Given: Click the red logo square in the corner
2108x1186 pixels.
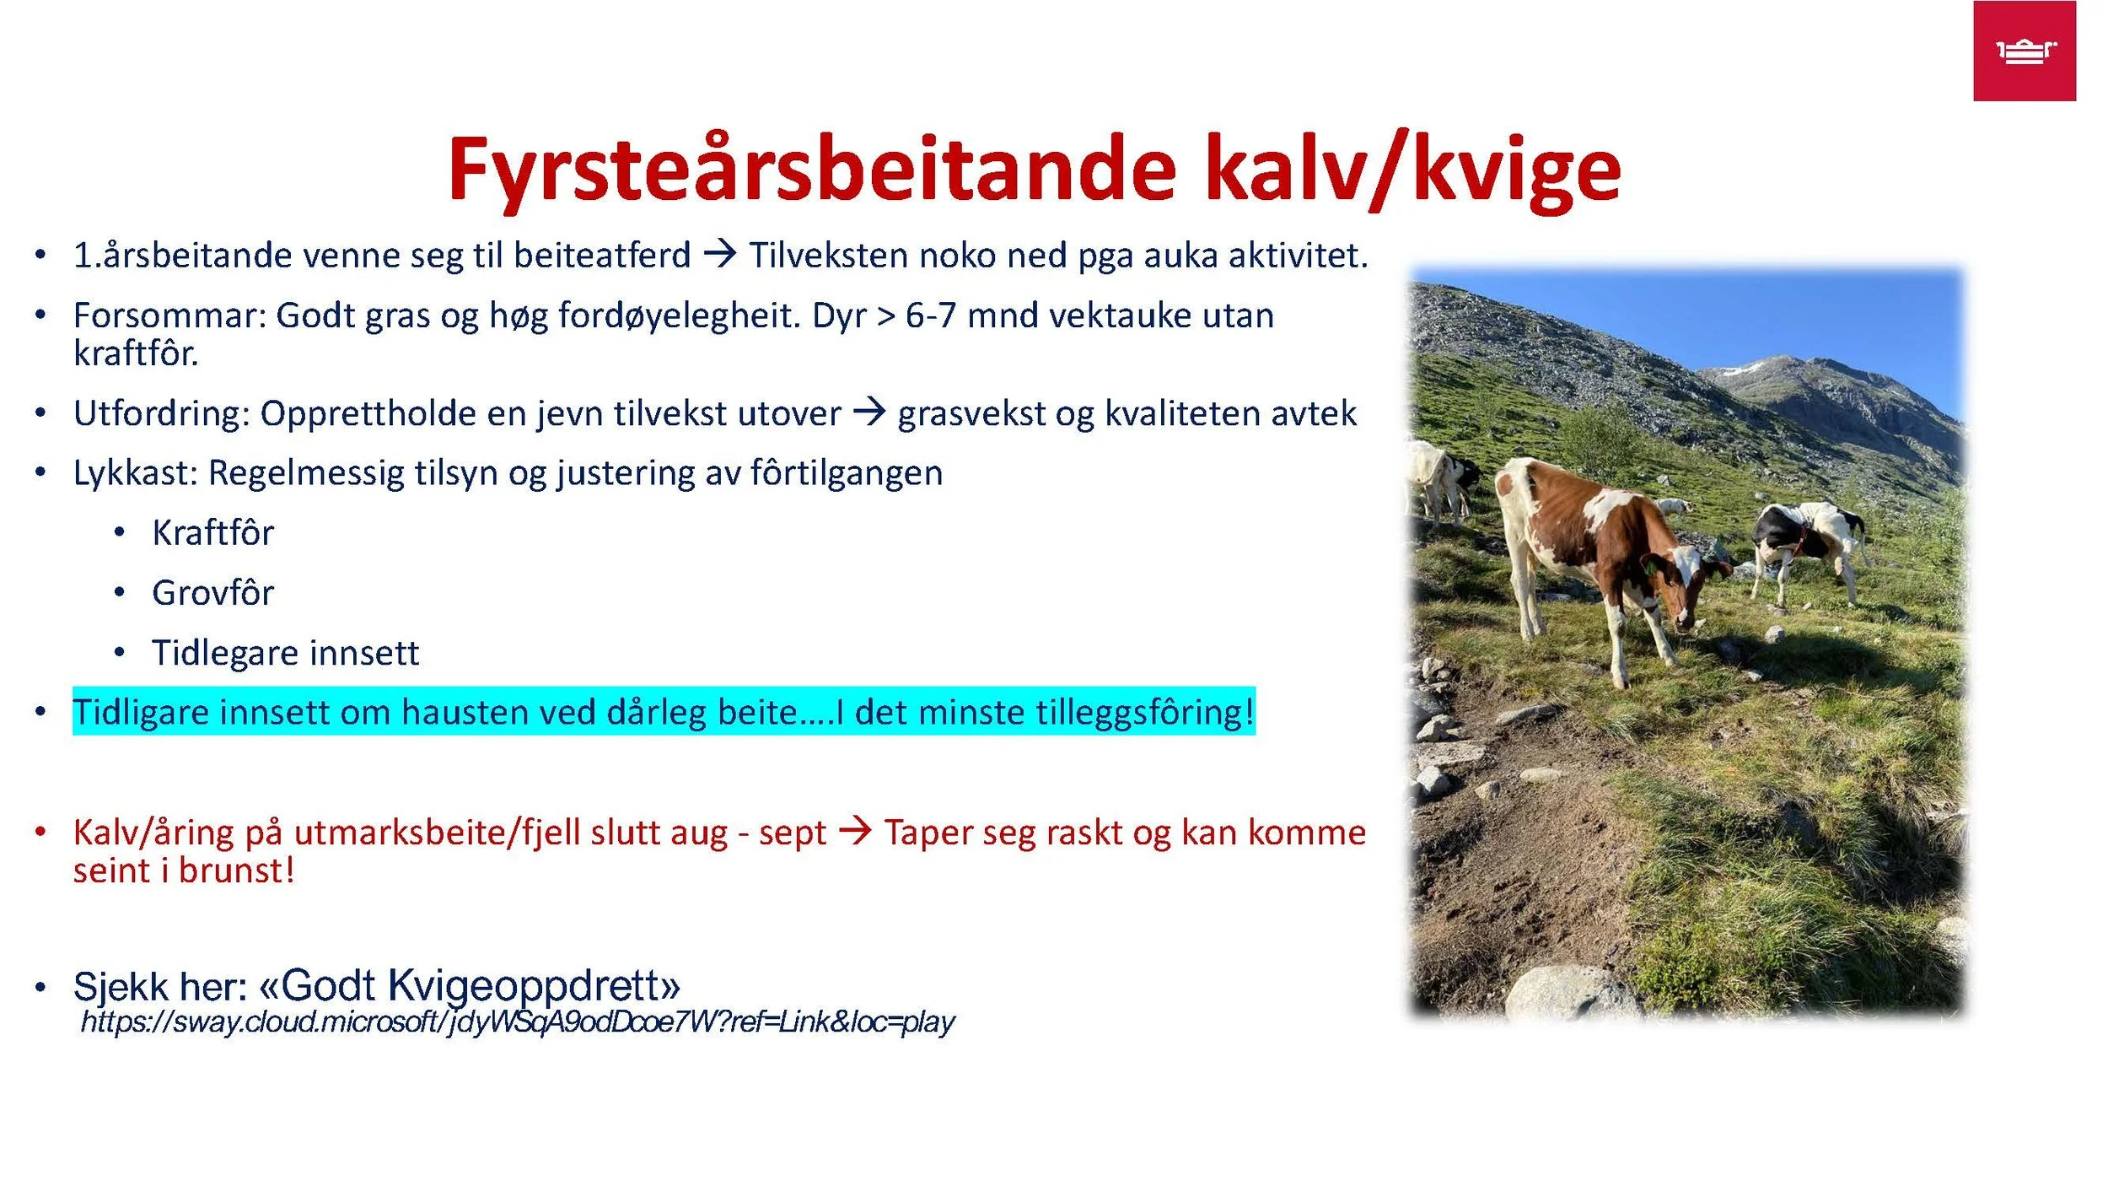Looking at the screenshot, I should pyautogui.click(x=2024, y=51).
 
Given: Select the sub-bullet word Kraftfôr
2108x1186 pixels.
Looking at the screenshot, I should pyautogui.click(x=212, y=533).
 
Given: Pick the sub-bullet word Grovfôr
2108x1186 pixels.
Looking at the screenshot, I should pyautogui.click(x=212, y=593).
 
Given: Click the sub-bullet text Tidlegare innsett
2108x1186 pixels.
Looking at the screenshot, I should pyautogui.click(x=285, y=653).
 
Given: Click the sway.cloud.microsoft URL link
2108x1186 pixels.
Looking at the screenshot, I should pyautogui.click(x=517, y=1022).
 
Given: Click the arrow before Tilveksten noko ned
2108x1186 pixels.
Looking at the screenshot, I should pyautogui.click(x=720, y=253).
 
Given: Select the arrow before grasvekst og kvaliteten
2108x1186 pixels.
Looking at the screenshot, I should pyautogui.click(x=869, y=412).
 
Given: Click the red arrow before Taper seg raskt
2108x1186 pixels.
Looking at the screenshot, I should pyautogui.click(x=855, y=831).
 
